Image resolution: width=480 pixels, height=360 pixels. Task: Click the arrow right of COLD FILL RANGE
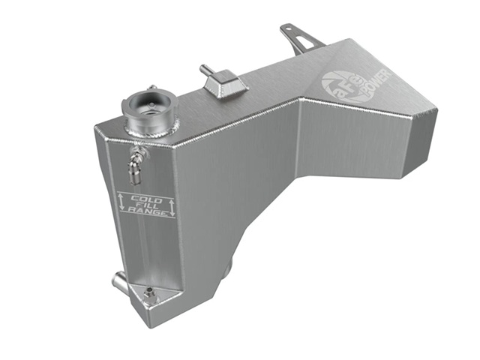172,206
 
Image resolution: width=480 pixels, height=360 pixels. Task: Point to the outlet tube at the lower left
118,284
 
